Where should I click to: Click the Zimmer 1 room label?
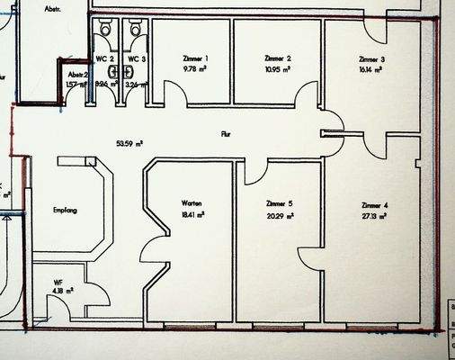pyautogui.click(x=195, y=58)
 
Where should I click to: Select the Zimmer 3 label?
pyautogui.click(x=371, y=58)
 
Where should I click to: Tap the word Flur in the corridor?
pyautogui.click(x=226, y=133)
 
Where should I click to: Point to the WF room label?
pyautogui.click(x=58, y=282)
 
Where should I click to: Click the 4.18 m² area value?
pyautogui.click(x=63, y=291)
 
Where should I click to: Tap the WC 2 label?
pyautogui.click(x=105, y=59)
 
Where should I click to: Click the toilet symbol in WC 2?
pyautogui.click(x=106, y=30)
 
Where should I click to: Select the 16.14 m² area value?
pyautogui.click(x=371, y=68)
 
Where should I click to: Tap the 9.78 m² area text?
pyautogui.click(x=195, y=68)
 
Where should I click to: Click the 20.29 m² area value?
pyautogui.click(x=280, y=215)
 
